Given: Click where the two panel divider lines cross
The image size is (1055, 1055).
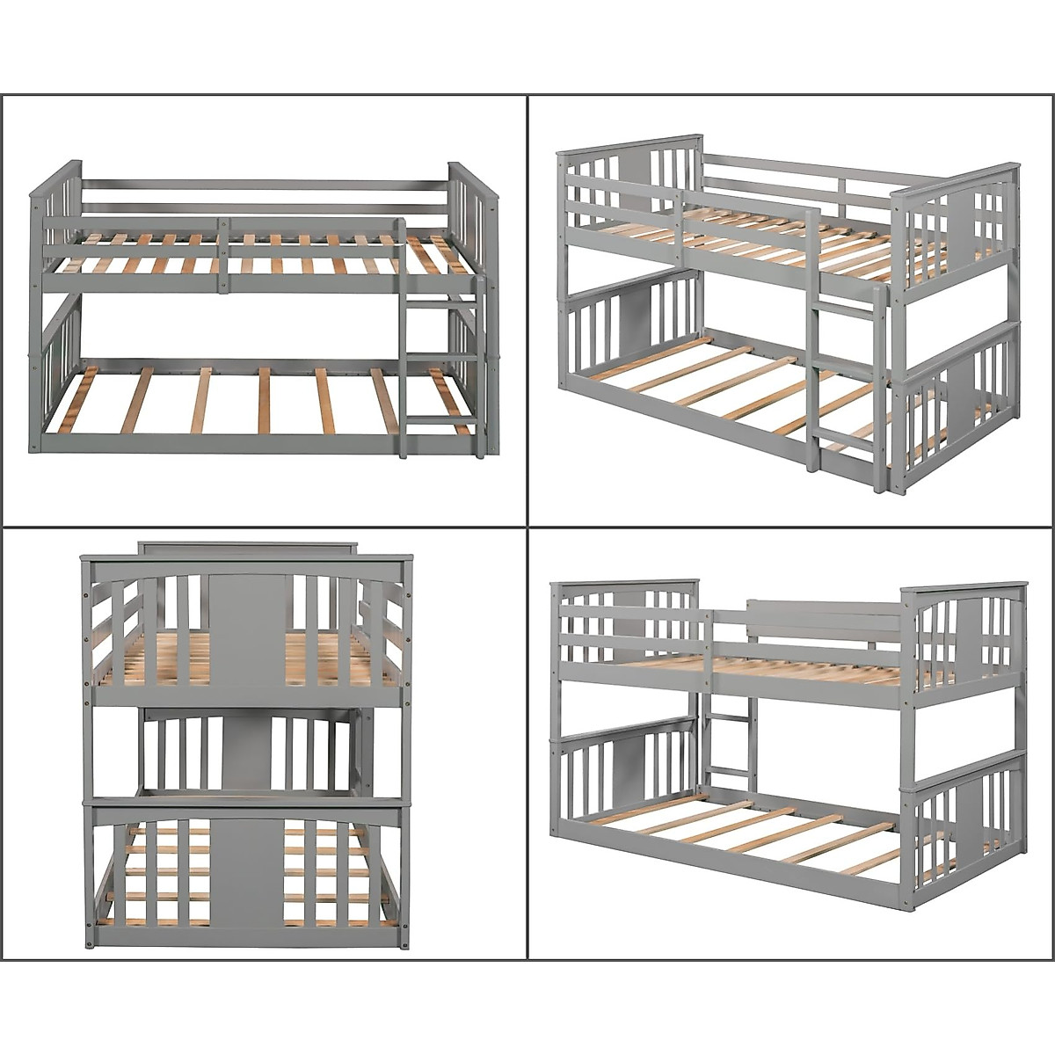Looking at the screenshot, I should pyautogui.click(x=527, y=527).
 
